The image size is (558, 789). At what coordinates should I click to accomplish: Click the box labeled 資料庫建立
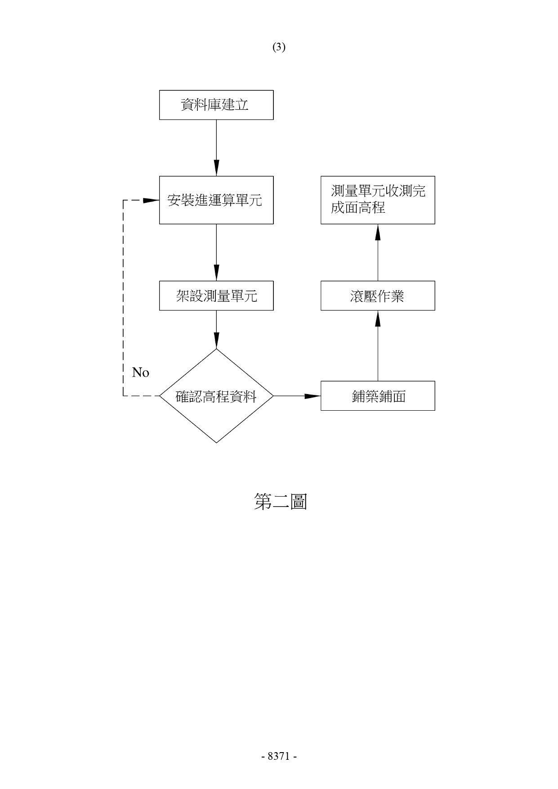(x=216, y=105)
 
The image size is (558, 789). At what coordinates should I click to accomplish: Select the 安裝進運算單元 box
(x=216, y=200)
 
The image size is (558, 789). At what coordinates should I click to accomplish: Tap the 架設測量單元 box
(x=216, y=296)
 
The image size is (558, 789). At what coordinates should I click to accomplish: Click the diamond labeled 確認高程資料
(x=216, y=396)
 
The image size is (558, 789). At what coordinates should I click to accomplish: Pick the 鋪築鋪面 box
(x=378, y=396)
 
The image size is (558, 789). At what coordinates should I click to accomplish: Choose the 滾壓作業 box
(x=378, y=296)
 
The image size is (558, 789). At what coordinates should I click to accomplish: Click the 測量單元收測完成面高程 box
(x=378, y=200)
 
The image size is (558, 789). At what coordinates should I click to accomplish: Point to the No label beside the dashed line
(x=141, y=372)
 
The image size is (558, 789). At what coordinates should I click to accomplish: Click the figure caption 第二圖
(x=281, y=501)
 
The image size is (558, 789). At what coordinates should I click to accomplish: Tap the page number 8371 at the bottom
(x=279, y=756)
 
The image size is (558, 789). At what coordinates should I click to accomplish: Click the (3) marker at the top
(x=279, y=47)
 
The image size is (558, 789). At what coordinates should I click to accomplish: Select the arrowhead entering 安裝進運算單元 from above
(x=216, y=168)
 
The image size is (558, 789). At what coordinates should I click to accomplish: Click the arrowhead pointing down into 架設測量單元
(x=216, y=273)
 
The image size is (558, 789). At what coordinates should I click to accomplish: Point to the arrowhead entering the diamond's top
(x=216, y=341)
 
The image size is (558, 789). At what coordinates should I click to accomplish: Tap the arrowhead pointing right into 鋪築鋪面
(x=312, y=396)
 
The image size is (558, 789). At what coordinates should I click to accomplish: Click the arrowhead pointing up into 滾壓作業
(x=378, y=318)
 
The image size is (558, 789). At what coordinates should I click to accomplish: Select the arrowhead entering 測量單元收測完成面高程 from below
(x=378, y=232)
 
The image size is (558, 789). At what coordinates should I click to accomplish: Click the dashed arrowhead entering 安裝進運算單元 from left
(x=151, y=200)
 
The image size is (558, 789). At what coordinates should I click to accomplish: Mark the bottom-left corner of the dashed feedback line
(x=123, y=396)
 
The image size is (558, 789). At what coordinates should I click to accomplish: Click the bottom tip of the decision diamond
(x=216, y=443)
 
